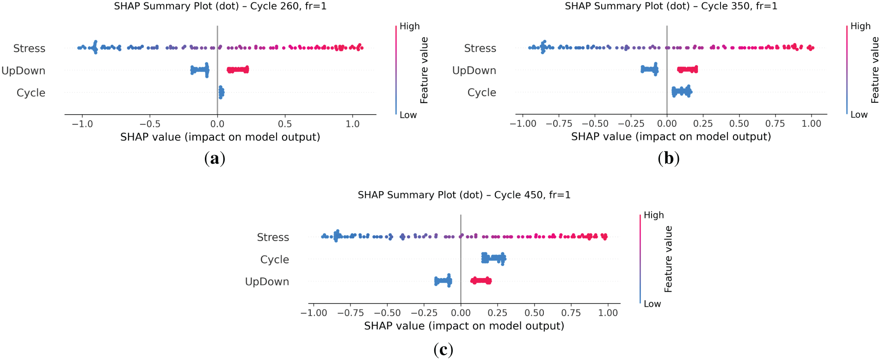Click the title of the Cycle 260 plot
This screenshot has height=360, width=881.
[220, 6]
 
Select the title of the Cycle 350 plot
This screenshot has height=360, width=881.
[671, 6]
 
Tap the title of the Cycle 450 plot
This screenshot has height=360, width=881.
[464, 195]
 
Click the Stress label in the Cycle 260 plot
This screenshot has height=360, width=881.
[29, 48]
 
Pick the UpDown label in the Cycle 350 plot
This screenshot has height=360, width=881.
[474, 70]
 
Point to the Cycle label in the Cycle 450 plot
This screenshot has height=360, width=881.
[274, 260]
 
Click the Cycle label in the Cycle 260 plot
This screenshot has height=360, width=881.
[31, 93]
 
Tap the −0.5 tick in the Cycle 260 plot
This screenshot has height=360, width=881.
[149, 124]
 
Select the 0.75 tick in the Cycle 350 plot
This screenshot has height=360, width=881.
[775, 124]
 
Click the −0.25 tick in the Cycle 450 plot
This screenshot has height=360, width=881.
[424, 313]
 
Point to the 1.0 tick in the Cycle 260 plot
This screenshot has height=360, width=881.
[352, 124]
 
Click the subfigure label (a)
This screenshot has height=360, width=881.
[215, 158]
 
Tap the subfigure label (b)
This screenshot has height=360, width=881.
[668, 158]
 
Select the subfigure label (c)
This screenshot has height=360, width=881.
[443, 349]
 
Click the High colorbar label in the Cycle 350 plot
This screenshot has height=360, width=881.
[860, 26]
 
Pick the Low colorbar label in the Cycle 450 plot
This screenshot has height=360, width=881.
[652, 304]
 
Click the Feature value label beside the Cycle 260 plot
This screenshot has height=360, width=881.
[424, 70]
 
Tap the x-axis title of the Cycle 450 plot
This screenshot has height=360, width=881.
[464, 326]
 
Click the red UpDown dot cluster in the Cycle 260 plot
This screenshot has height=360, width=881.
[238, 70]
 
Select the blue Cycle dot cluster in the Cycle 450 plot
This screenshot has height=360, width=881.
[493, 258]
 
